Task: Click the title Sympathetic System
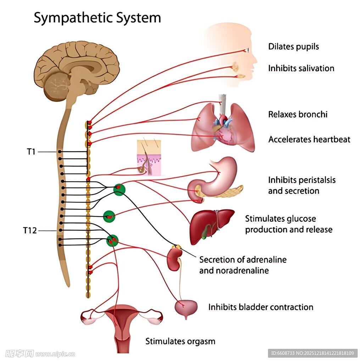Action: (x=97, y=18)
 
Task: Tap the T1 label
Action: (x=31, y=152)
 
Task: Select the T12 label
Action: (x=30, y=230)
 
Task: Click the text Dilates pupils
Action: (x=294, y=46)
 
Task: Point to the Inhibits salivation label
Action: (x=301, y=68)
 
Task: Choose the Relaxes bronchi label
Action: (x=298, y=114)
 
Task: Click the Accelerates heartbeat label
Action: (x=309, y=139)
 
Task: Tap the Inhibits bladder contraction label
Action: (x=261, y=307)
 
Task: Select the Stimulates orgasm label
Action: (x=180, y=341)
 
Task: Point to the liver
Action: (x=209, y=225)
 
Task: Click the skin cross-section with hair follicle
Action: (x=149, y=158)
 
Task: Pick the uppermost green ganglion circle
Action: (x=119, y=189)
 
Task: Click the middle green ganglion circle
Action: (x=109, y=216)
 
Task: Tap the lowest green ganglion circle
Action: (x=112, y=240)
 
